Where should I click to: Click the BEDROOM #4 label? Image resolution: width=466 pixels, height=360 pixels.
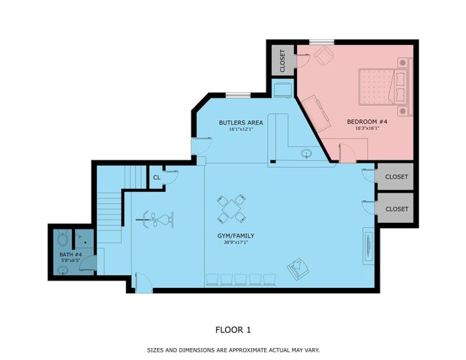367,121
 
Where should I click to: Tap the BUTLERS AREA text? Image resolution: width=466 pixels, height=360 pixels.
241,122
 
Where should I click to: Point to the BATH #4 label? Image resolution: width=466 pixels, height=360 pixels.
71,254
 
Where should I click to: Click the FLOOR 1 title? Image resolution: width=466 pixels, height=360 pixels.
233,328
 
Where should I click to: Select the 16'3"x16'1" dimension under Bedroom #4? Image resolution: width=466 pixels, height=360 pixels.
367,128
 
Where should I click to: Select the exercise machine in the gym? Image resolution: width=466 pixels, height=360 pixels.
156,220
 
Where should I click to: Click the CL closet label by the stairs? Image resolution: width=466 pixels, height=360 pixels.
157,178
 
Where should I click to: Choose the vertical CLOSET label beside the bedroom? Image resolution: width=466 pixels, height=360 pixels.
282,61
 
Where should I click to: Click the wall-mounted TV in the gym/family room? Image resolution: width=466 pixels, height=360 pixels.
367,245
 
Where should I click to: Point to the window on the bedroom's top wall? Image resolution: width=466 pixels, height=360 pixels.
322,41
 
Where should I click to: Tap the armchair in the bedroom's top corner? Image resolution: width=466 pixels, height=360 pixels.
323,55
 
